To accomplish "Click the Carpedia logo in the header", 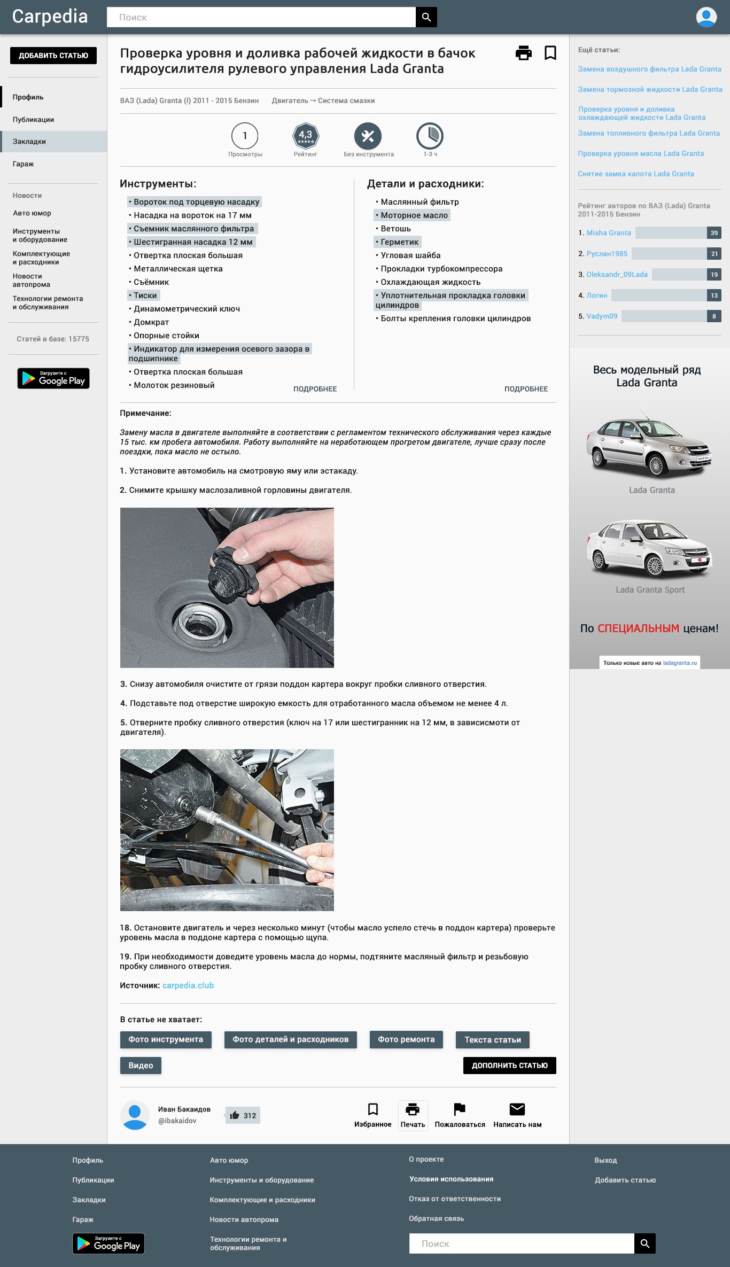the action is click(50, 17).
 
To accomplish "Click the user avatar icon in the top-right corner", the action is click(706, 17).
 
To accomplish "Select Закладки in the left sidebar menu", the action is click(29, 142).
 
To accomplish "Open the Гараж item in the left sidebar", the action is click(23, 164).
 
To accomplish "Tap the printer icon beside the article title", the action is click(524, 53).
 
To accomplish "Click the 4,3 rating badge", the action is click(306, 136).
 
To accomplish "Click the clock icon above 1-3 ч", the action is click(430, 136).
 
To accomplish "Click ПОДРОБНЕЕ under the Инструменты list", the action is click(315, 389).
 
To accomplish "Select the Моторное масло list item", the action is click(412, 215).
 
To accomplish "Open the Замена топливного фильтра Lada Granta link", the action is click(649, 133).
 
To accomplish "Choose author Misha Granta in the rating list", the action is click(609, 233).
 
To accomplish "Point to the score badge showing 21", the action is click(714, 254).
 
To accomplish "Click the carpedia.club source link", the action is click(188, 985).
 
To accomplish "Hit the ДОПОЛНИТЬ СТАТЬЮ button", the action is click(509, 1066).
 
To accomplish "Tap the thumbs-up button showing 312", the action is click(243, 1115).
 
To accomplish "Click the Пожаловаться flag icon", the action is click(460, 1109).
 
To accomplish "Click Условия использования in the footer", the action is click(452, 1179).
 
